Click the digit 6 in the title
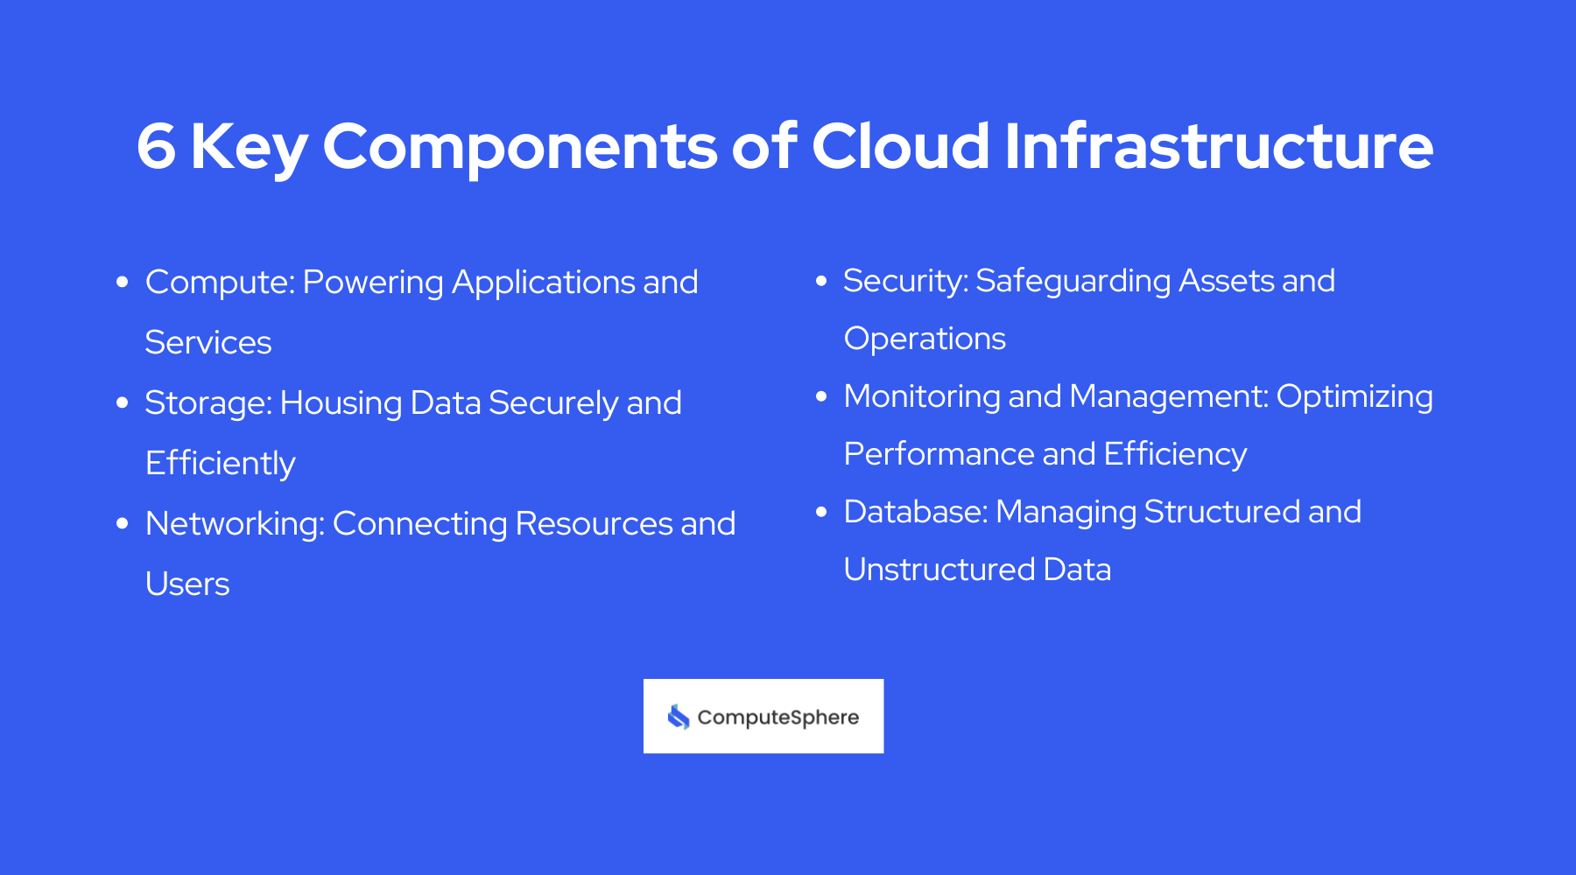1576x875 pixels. click(x=157, y=146)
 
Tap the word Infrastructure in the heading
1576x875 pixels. click(x=1219, y=146)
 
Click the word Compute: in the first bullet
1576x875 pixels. click(x=220, y=283)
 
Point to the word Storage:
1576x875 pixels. click(x=208, y=403)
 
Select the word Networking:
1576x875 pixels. click(x=235, y=524)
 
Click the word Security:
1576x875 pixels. click(x=905, y=282)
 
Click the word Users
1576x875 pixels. click(x=187, y=584)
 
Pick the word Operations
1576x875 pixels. click(x=925, y=339)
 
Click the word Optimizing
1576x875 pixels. click(x=1354, y=397)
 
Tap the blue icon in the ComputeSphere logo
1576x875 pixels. click(x=679, y=717)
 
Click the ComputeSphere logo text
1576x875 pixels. click(x=778, y=717)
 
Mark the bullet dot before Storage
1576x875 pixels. click(x=123, y=402)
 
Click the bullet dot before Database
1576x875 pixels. click(x=821, y=511)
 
